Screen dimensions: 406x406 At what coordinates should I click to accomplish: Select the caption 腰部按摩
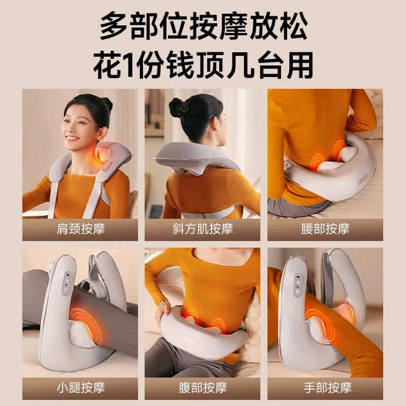(325, 229)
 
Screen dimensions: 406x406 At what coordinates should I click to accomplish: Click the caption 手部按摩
(325, 388)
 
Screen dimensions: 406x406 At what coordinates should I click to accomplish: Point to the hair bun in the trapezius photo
(179, 108)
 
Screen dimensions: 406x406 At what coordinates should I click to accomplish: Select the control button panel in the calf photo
(66, 284)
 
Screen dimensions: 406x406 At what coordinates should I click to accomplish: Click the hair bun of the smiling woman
(107, 105)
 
